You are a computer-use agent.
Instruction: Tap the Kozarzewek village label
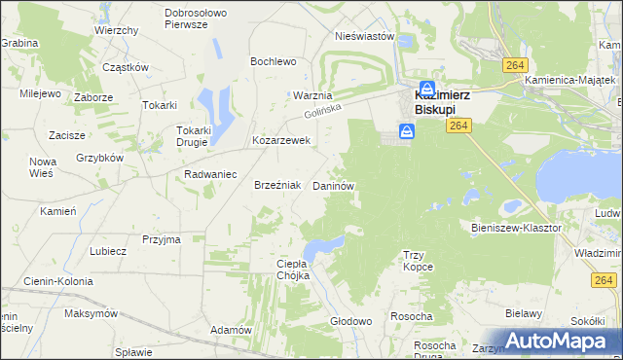click(x=280, y=140)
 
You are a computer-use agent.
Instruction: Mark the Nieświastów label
click(x=363, y=36)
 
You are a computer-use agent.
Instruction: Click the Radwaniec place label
click(x=211, y=174)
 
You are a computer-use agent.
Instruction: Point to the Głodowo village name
click(x=351, y=321)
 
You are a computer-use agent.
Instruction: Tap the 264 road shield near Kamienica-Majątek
click(x=516, y=64)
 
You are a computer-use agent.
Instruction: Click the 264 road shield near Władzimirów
click(x=602, y=280)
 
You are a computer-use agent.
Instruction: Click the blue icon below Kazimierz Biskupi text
click(x=405, y=132)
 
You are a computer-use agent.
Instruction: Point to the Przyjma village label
click(x=162, y=238)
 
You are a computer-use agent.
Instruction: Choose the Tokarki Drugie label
click(x=193, y=135)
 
